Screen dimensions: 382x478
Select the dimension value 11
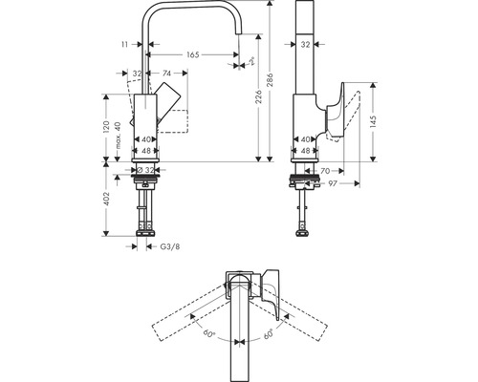pyautogui.click(x=126, y=44)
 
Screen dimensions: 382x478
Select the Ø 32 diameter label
pyautogui.click(x=145, y=169)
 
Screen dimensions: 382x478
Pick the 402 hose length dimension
pyautogui.click(x=108, y=198)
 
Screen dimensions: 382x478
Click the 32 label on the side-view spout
pyautogui.click(x=303, y=44)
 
